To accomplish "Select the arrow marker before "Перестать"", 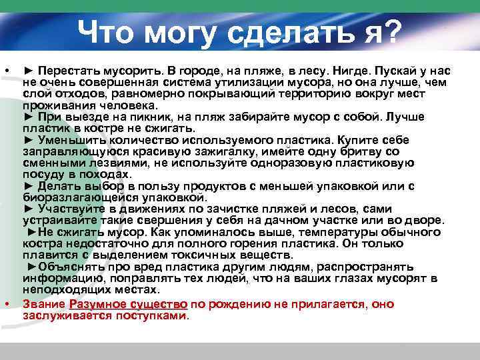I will click(28, 70).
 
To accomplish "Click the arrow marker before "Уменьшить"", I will click(28, 140).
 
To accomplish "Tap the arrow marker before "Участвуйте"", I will click(28, 209).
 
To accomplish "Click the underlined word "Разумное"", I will click(97, 304).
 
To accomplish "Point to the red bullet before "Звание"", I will click(7, 304).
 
